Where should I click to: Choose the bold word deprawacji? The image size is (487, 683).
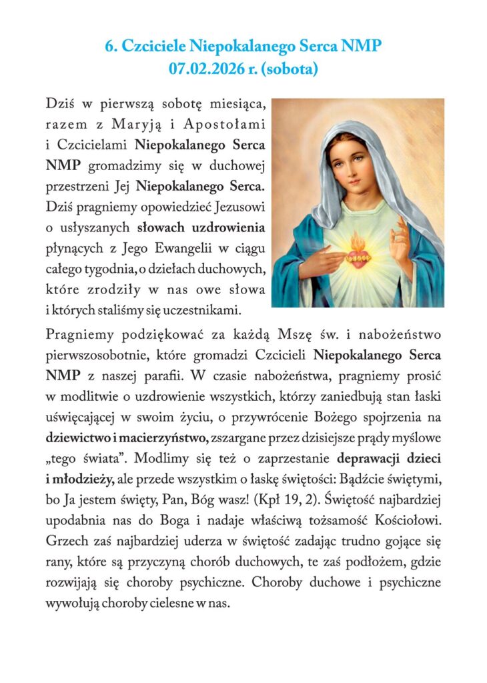tap(372, 459)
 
